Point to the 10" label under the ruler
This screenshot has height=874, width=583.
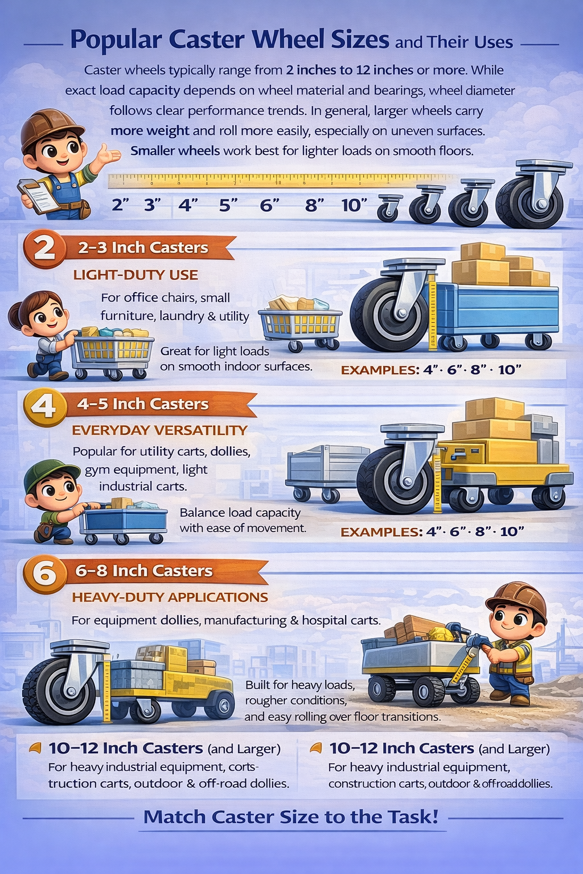354,205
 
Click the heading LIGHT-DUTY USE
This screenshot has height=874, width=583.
136,275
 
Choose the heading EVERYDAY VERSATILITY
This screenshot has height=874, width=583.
160,430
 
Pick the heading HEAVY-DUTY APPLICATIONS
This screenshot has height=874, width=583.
170,597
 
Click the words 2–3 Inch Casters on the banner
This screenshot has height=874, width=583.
143,248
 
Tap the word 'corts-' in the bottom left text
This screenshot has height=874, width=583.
242,767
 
